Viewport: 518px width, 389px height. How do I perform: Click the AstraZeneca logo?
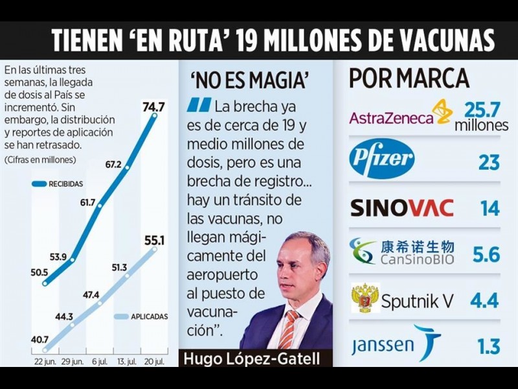[x=401, y=113]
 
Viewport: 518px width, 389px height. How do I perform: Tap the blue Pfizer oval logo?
[x=382, y=159]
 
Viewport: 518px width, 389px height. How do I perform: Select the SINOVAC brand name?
[x=402, y=207]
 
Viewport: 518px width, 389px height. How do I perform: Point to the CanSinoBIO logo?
[x=401, y=252]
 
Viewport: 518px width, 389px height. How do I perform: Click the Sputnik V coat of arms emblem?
[x=365, y=298]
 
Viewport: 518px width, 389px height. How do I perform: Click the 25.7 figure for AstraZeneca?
[x=482, y=108]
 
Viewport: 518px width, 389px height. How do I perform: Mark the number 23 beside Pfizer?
[x=489, y=161]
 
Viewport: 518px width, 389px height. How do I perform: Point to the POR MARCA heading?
[x=409, y=78]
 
